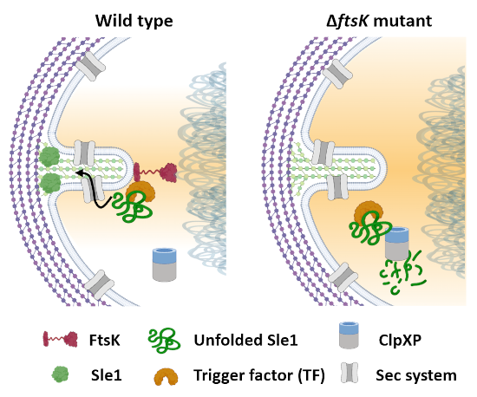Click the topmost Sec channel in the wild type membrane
(93, 62)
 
